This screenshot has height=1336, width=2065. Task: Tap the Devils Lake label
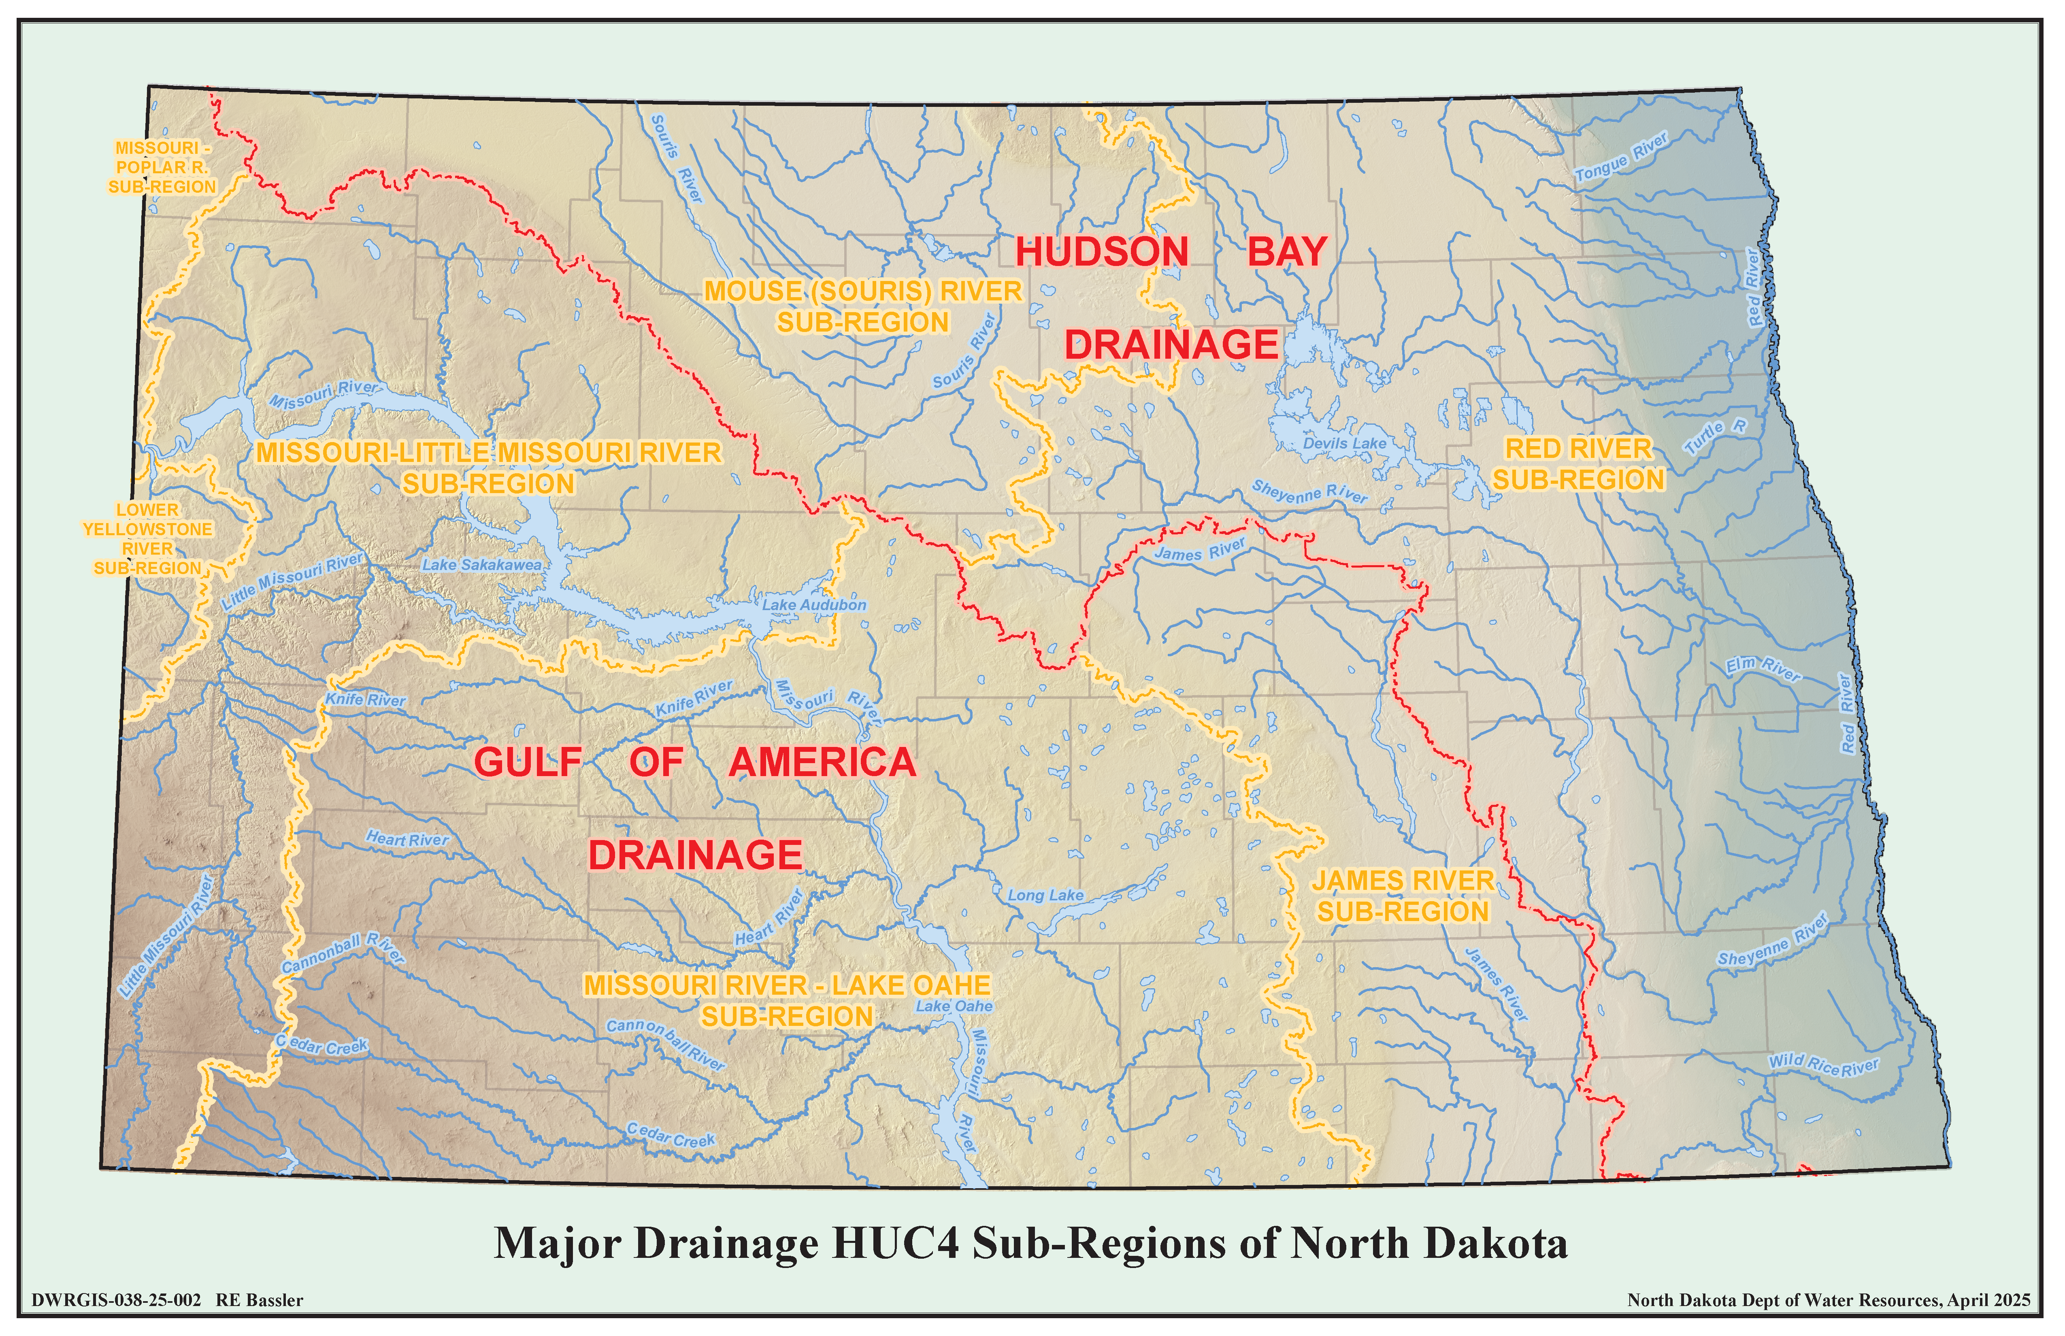click(x=1345, y=443)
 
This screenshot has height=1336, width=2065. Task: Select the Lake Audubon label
click(x=814, y=605)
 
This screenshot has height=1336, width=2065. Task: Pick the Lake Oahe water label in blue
click(x=954, y=1006)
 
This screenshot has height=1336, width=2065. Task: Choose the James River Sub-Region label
click(x=1403, y=896)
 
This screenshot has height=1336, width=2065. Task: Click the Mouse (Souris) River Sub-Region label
click(x=863, y=306)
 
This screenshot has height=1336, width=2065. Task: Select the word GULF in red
click(x=528, y=763)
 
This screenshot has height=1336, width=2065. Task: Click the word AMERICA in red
click(x=822, y=763)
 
